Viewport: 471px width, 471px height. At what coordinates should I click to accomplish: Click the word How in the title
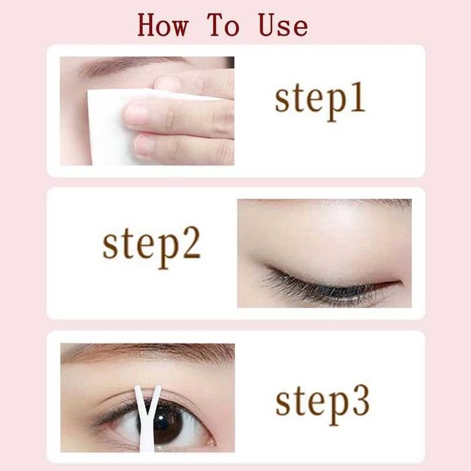(163, 25)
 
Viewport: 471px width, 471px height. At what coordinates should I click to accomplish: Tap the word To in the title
(223, 25)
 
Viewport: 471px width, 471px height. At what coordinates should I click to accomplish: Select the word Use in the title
(283, 26)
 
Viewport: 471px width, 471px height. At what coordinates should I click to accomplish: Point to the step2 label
(151, 247)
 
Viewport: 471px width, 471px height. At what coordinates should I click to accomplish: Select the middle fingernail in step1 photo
(136, 115)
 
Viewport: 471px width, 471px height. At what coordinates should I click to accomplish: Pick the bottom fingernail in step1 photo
(143, 146)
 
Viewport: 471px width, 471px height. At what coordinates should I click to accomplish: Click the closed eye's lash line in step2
(330, 285)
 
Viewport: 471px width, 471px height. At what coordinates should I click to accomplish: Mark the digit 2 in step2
(191, 244)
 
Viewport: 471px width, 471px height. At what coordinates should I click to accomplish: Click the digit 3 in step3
(361, 401)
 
